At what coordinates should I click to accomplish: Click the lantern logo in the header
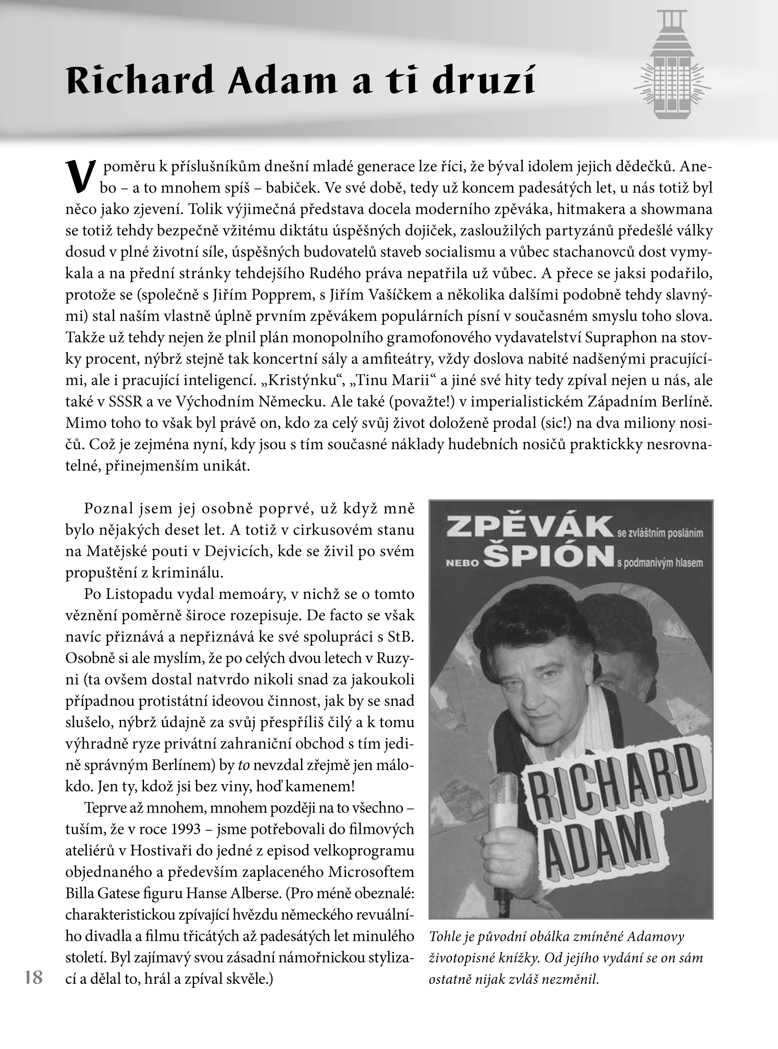click(672, 66)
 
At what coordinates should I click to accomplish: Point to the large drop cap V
click(81, 176)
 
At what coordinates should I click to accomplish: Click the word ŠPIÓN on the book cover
click(549, 557)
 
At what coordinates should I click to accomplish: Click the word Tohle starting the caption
click(445, 936)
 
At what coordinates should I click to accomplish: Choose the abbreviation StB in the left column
click(401, 637)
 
